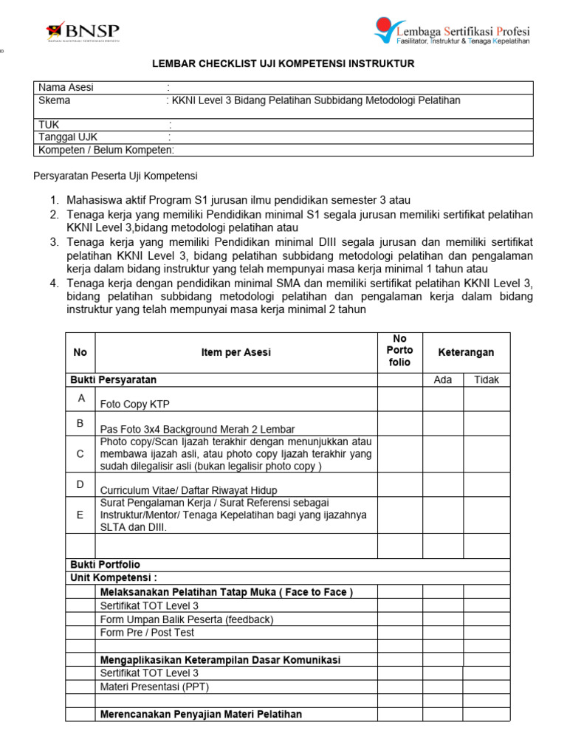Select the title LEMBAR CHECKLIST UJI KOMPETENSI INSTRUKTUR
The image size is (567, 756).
click(283, 64)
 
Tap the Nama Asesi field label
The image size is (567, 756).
click(66, 88)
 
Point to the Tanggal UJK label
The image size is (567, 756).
click(68, 137)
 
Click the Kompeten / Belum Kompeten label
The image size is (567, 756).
click(106, 151)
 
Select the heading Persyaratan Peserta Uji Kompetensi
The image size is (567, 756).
click(116, 176)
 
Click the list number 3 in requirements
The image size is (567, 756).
click(54, 242)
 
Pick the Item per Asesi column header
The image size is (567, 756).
click(236, 352)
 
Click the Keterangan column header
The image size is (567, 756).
click(466, 352)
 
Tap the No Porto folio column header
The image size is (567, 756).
click(399, 351)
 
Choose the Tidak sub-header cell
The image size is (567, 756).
click(486, 379)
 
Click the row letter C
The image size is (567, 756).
click(80, 454)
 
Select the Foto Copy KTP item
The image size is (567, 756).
click(135, 404)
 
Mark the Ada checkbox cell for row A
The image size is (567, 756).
click(442, 399)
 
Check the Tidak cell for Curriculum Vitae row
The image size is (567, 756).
click(486, 485)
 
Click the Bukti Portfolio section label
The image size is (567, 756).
click(105, 565)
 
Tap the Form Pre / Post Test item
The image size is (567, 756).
click(148, 633)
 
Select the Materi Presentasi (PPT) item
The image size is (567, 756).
click(154, 687)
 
